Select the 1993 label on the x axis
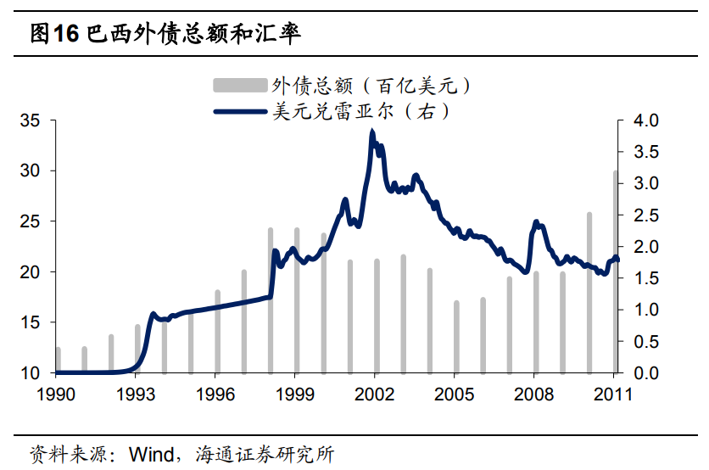point(137,394)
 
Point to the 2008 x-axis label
point(535,394)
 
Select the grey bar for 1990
point(58,360)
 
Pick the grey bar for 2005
point(456,337)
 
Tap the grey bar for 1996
point(217,332)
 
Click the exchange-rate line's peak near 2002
point(372,132)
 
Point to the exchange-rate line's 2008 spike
point(536,222)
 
